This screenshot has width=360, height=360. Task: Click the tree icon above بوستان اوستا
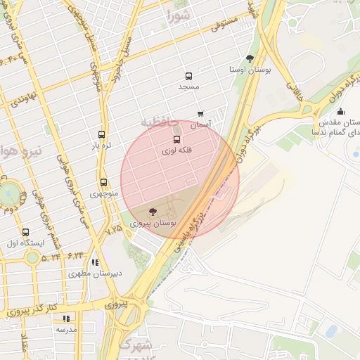pos(250,59)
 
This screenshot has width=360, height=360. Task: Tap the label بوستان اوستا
pos(250,70)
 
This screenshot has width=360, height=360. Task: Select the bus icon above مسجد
pos(188,76)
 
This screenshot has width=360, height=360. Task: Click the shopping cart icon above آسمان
pos(200,113)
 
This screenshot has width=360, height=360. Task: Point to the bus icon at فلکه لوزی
pos(176,140)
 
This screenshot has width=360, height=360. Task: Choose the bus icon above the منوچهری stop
pos(104,182)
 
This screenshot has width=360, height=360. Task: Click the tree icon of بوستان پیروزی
pos(153,211)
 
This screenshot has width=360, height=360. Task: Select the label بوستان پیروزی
pos(153,223)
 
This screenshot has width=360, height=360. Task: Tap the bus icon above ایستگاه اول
pos(26,232)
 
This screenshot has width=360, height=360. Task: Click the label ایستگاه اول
pos(25,243)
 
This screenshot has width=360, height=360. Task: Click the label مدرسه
pos(66,329)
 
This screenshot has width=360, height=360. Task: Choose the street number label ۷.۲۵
pos(114,229)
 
